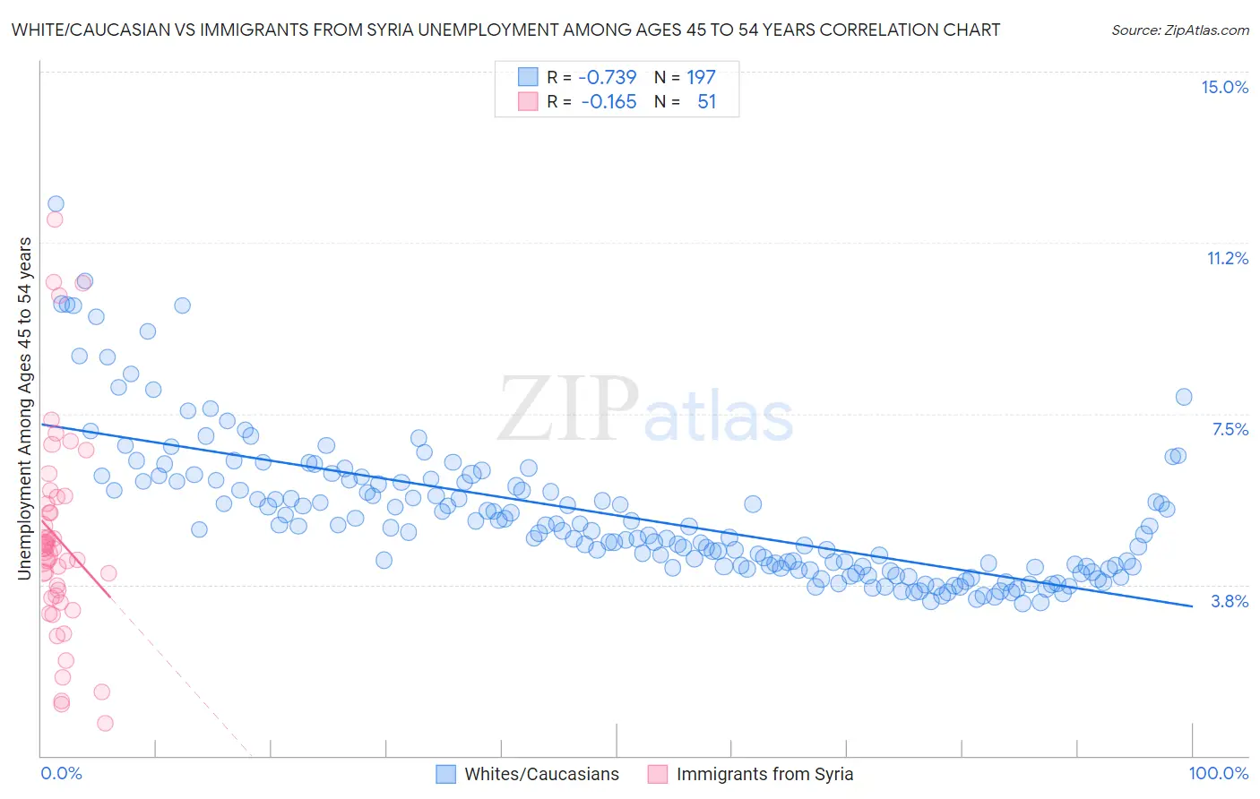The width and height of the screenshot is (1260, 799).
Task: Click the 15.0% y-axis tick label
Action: [x=1224, y=87]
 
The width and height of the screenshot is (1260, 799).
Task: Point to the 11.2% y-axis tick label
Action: [x=1227, y=258]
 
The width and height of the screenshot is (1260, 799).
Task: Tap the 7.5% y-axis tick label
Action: [x=1230, y=430]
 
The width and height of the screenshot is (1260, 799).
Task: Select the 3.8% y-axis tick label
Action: [x=1230, y=601]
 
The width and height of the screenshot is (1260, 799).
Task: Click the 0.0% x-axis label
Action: [x=61, y=773]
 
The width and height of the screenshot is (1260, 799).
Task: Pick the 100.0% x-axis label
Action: [x=1218, y=773]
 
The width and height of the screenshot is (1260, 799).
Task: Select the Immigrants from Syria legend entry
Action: [x=764, y=774]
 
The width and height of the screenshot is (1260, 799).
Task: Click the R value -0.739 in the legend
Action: [x=607, y=77]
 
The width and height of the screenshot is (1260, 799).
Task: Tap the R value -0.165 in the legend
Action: [x=608, y=102]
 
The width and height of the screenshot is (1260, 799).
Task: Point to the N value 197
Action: [x=701, y=77]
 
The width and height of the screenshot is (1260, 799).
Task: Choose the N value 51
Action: [x=706, y=102]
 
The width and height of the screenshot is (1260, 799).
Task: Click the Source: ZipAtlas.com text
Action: [x=1179, y=30]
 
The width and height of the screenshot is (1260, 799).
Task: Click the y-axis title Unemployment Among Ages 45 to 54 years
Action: [x=24, y=408]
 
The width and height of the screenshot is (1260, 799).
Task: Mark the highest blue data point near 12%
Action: [x=56, y=204]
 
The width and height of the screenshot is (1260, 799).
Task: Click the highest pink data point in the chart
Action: [x=55, y=219]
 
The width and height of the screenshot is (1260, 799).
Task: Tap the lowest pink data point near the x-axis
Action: [x=105, y=723]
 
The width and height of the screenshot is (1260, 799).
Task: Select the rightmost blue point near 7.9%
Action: [x=1183, y=397]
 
